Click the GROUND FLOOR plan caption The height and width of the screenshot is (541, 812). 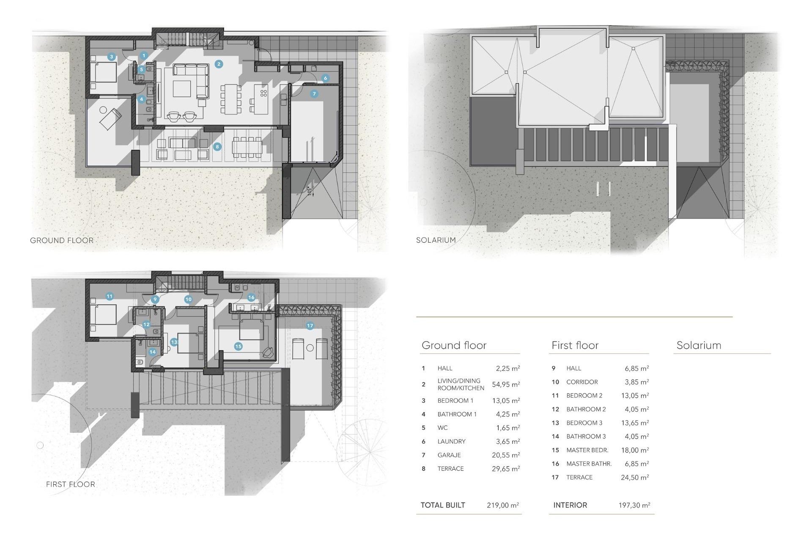coord(62,240)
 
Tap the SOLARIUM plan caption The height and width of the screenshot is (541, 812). coord(436,240)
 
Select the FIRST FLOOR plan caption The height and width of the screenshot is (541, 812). coord(71,484)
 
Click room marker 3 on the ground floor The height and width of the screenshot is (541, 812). coord(111,57)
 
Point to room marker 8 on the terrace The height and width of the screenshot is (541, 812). coord(217,147)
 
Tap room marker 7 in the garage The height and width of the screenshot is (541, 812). coord(314,94)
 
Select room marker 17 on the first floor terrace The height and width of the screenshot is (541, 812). coord(310,325)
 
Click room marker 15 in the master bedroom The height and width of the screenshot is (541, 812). coord(238,346)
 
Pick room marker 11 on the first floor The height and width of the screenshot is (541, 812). coord(110,296)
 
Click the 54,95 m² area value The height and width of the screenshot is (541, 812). coord(506,385)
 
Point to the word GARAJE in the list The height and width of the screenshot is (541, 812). coord(449,455)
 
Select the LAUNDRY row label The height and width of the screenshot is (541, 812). coord(451,442)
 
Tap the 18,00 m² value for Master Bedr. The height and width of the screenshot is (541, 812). coord(635,450)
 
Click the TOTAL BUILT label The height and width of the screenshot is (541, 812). coord(443,505)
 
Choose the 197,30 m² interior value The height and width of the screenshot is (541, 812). coord(634,505)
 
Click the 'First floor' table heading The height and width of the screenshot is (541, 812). coord(575,345)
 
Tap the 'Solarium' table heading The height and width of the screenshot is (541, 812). coord(699,345)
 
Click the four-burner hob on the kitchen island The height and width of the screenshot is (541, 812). coord(263,93)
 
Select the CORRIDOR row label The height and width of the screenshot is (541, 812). coord(582,382)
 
